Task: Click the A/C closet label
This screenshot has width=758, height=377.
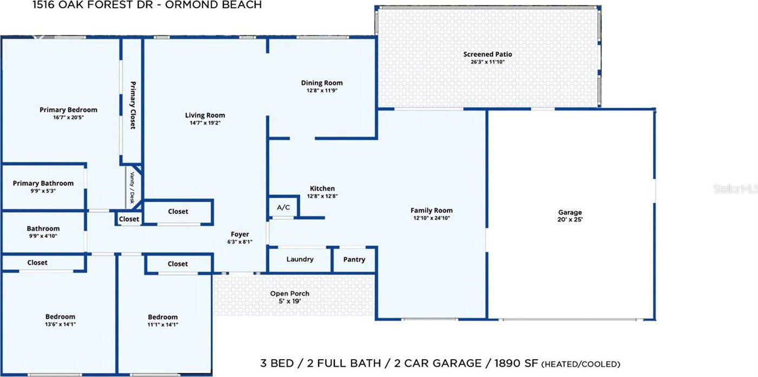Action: [283, 207]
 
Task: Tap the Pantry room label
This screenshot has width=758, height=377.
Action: [354, 259]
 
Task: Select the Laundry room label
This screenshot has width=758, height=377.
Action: [300, 259]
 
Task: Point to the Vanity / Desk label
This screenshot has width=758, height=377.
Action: [132, 188]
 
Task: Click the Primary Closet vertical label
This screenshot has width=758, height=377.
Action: [133, 105]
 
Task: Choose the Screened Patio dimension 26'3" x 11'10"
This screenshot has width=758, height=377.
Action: [488, 62]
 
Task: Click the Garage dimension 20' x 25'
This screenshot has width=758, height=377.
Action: [570, 219]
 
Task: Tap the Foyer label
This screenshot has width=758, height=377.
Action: [240, 234]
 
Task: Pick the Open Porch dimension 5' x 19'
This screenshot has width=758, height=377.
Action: [290, 301]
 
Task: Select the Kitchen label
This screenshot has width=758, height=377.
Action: [322, 188]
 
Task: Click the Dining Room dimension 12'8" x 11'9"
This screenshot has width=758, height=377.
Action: [322, 90]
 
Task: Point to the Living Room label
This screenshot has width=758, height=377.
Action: [205, 115]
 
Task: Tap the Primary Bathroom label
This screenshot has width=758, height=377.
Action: [43, 183]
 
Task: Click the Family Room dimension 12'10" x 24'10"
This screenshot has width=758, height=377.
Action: [431, 218]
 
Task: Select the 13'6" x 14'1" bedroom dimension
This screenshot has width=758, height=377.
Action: [60, 324]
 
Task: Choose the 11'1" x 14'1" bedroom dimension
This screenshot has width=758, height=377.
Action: [163, 324]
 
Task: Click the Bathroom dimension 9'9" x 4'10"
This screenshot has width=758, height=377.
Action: [43, 236]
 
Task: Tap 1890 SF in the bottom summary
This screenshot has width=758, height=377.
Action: [516, 363]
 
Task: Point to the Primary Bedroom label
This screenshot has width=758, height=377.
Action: [68, 109]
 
